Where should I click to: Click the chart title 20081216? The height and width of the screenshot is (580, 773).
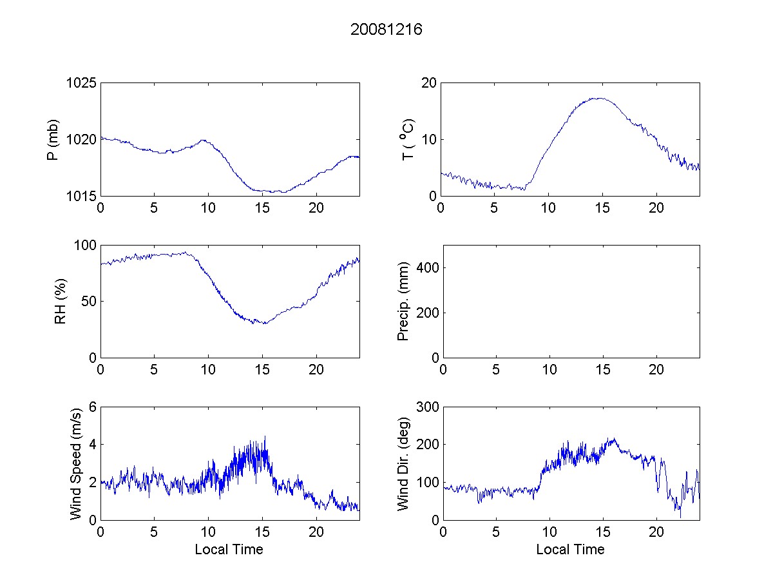coord(386,30)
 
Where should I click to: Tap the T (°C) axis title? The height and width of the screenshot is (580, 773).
coord(407,139)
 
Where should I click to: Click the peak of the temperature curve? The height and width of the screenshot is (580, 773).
coord(599,98)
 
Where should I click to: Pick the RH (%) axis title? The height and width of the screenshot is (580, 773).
coord(61,302)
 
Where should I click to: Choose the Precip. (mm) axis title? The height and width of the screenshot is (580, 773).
coord(404,301)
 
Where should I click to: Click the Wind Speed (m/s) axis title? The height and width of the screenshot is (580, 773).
coord(77,463)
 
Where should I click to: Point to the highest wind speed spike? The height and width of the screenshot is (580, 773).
coord(265,436)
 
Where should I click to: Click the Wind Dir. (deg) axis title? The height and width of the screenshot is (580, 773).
coord(404,463)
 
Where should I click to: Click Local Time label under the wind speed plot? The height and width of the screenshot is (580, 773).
coord(229,550)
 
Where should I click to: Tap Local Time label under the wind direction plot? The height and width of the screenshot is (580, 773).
coord(570,550)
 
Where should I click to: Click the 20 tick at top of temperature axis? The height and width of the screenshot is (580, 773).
coord(429,83)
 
